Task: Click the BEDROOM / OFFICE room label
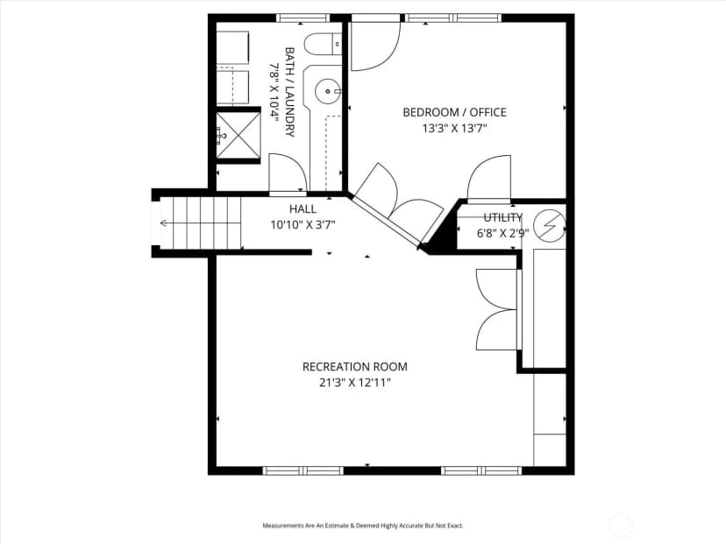coord(454,112)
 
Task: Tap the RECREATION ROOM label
coord(355,367)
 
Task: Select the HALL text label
coord(303,209)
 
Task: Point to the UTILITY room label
coord(502,217)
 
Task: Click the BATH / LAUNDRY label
coord(290,92)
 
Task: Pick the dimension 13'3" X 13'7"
coord(455,128)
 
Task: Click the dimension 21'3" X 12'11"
coord(355,383)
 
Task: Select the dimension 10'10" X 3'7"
coord(303,225)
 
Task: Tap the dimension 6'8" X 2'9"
coord(502,233)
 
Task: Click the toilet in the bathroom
coord(324,45)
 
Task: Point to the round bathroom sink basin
coord(328,91)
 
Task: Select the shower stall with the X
coord(238,135)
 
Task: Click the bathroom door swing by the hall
coord(287,172)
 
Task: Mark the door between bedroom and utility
coord(489,178)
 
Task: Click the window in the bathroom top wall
coord(303,18)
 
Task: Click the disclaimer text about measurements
coord(363,526)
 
